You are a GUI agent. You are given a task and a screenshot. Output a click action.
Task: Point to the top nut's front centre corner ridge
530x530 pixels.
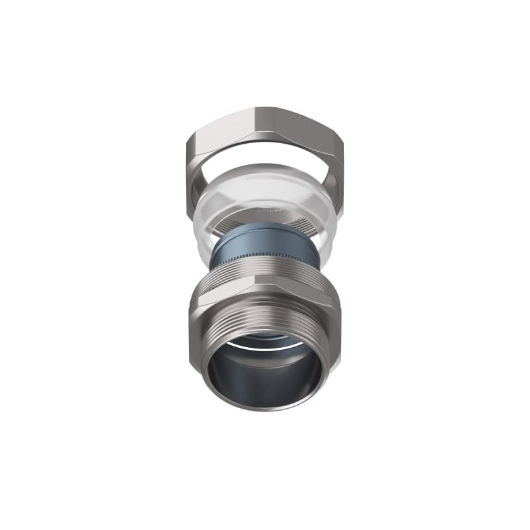tap(263, 132)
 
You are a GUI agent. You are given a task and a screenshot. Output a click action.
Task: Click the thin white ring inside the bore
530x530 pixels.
tap(265, 344)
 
